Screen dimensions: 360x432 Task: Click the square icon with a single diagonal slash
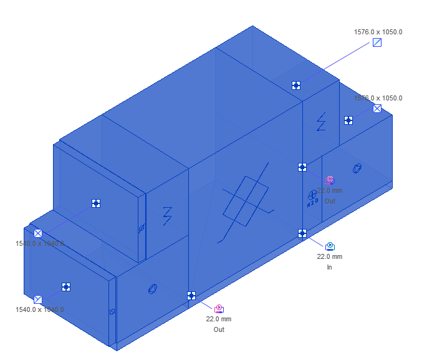pos(377,42)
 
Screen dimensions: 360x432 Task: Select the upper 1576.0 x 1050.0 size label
pos(378,31)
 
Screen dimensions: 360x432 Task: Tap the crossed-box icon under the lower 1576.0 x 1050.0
pos(377,109)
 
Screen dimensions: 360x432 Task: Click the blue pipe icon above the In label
pos(330,246)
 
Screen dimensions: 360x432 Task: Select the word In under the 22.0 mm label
pos(329,267)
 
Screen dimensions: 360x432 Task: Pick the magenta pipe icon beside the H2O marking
pos(330,180)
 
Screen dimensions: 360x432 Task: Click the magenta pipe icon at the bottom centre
pos(219,309)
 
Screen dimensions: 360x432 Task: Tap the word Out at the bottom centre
pos(219,329)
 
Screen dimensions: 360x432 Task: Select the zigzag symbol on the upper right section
pos(321,121)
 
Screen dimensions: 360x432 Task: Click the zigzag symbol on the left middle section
pos(167,215)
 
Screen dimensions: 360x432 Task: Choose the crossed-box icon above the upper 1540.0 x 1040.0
pos(38,233)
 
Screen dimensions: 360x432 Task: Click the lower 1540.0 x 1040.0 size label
pos(39,309)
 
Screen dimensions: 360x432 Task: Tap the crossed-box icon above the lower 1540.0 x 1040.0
pos(38,299)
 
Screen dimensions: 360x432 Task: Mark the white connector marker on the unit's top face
pos(297,85)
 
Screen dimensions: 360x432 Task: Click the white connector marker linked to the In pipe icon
pos(302,233)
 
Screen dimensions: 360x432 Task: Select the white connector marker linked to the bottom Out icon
pos(191,296)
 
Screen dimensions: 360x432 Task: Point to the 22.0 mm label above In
pos(330,256)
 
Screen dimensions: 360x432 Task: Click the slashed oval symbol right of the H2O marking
pos(357,168)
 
